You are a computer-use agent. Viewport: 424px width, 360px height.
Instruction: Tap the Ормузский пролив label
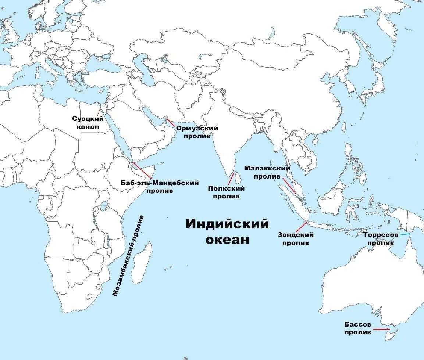point(197,132)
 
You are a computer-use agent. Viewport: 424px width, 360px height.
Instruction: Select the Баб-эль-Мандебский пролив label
point(160,187)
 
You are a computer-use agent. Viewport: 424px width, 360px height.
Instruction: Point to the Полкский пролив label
point(226,192)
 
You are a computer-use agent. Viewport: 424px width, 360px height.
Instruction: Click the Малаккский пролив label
point(267,172)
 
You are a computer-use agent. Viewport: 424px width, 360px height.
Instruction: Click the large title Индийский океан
point(227,231)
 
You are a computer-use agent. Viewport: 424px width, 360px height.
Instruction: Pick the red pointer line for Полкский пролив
point(231,179)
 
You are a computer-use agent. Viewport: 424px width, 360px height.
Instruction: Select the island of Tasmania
point(392,335)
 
